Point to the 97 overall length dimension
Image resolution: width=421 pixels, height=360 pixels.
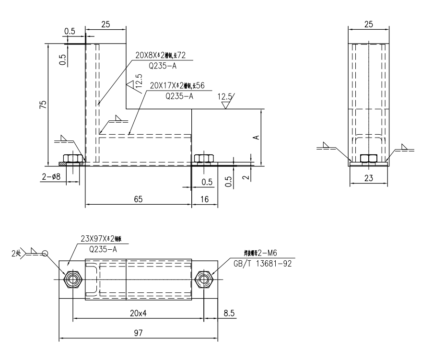point(138,332)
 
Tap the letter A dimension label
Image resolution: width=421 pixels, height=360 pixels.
point(256,137)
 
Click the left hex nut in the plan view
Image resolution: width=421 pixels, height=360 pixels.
point(72,279)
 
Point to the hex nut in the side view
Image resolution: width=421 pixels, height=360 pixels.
point(369,159)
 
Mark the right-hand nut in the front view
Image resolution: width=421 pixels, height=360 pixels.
point(203,158)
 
